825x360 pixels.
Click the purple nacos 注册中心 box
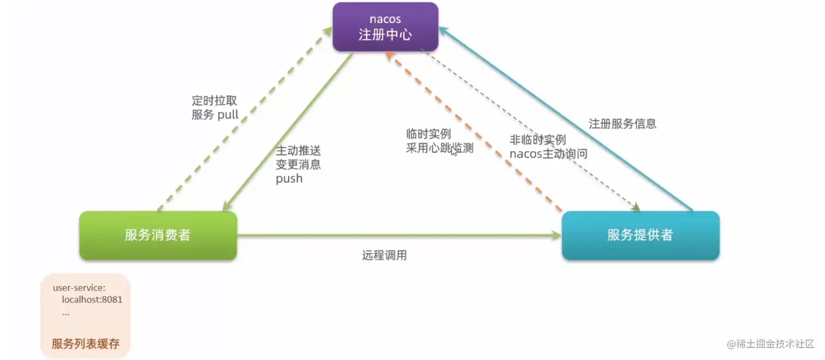pos(385,27)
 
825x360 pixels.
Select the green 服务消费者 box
pos(158,235)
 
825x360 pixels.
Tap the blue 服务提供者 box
pos(640,235)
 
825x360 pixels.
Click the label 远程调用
pos(384,255)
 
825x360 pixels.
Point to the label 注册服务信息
pos(622,124)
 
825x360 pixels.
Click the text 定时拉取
pos(215,101)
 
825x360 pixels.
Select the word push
pos(289,178)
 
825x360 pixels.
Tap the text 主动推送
pos(298,150)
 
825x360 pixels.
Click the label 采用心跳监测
pos(439,148)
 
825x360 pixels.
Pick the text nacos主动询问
pos(548,154)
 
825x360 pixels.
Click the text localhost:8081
pos(92,299)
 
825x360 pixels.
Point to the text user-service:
pos(79,287)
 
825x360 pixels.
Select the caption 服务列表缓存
pos(86,344)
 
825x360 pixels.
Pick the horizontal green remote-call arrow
pos(398,236)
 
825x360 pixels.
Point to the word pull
pos(228,115)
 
